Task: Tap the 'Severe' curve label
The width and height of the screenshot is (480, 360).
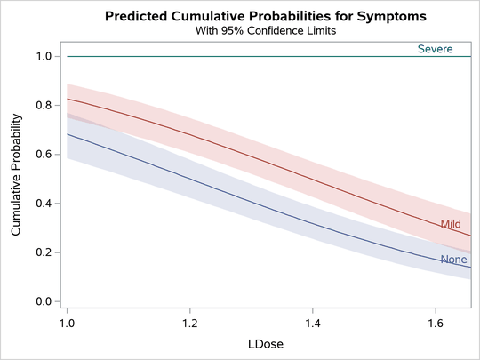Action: click(x=436, y=49)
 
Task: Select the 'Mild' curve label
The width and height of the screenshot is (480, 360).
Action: click(x=451, y=224)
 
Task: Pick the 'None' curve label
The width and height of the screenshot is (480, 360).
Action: click(x=453, y=260)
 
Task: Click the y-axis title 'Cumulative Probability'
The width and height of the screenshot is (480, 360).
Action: click(x=16, y=179)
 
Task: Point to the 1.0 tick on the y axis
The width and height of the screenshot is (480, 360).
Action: click(x=43, y=56)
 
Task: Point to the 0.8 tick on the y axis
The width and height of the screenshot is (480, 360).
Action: click(x=43, y=105)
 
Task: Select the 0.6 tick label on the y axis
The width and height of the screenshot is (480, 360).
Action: click(x=43, y=155)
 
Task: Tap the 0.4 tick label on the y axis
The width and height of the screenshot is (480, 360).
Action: click(x=43, y=204)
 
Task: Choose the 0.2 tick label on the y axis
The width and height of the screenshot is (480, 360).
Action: click(x=43, y=252)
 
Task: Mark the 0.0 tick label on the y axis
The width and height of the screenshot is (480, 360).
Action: click(x=43, y=301)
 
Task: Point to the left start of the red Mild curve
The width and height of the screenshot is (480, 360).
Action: click(x=68, y=99)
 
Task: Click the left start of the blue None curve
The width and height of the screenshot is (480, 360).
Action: click(x=68, y=134)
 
